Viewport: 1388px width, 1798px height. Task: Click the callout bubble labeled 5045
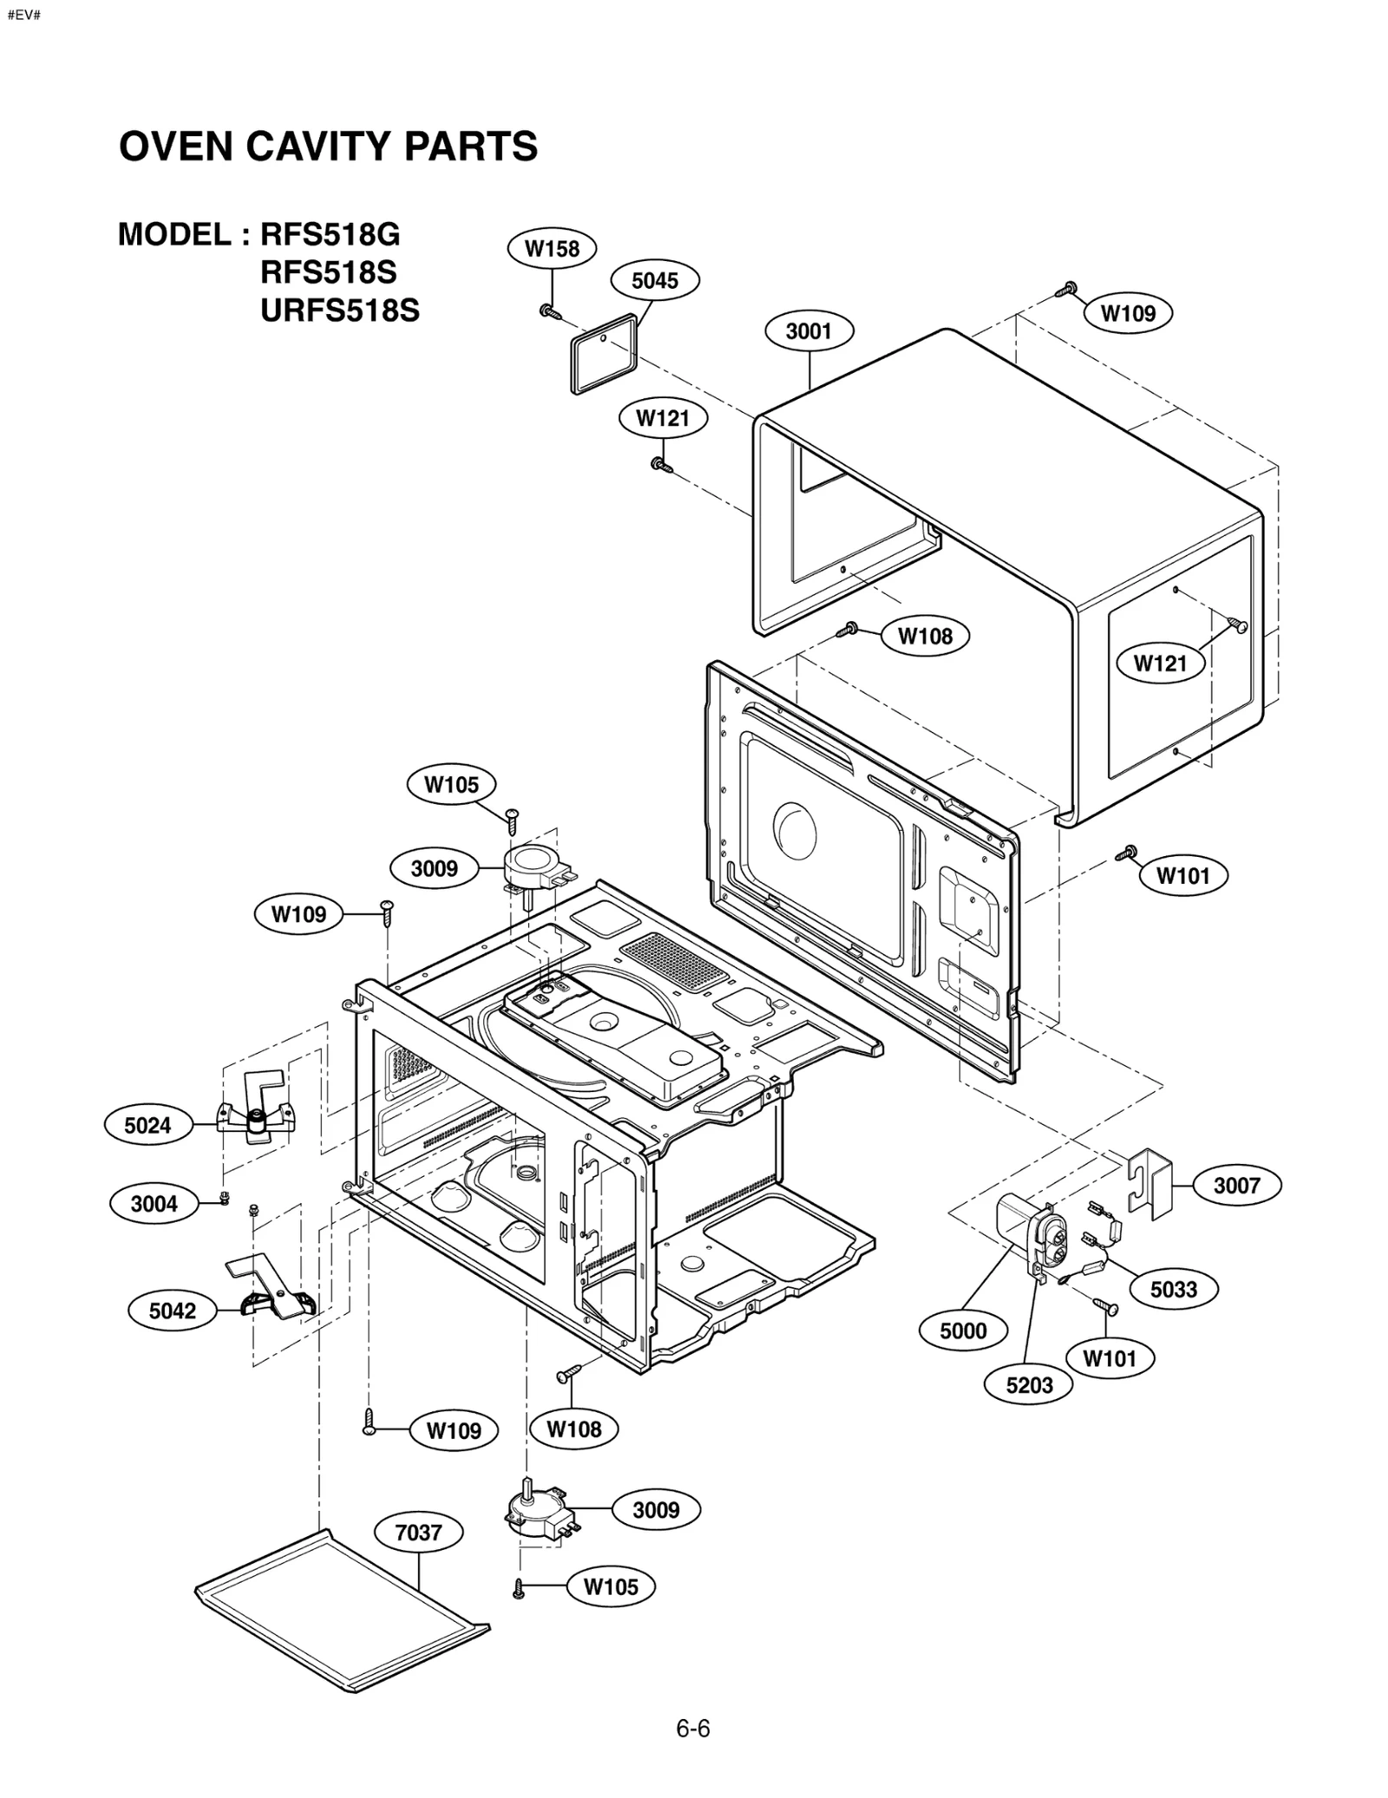(655, 280)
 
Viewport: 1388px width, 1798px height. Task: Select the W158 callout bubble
(552, 249)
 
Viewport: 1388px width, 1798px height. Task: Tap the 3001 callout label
(809, 330)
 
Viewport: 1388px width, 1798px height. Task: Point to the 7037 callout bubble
(418, 1533)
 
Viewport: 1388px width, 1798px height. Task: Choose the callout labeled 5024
(147, 1125)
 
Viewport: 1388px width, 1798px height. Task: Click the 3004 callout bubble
(154, 1203)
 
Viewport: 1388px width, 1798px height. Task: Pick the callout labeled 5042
(172, 1311)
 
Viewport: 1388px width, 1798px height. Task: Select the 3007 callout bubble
(1236, 1185)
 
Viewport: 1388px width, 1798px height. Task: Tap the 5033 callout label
(1173, 1289)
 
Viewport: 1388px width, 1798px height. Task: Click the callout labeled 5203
(1029, 1385)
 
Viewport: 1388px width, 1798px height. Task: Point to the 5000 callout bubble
(963, 1331)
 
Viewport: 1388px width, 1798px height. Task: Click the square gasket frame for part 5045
(604, 356)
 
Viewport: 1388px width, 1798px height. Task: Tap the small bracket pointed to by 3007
(1150, 1183)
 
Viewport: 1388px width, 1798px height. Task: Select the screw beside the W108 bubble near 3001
(848, 629)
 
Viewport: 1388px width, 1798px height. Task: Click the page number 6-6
(693, 1729)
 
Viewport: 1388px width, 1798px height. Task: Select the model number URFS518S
(339, 310)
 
